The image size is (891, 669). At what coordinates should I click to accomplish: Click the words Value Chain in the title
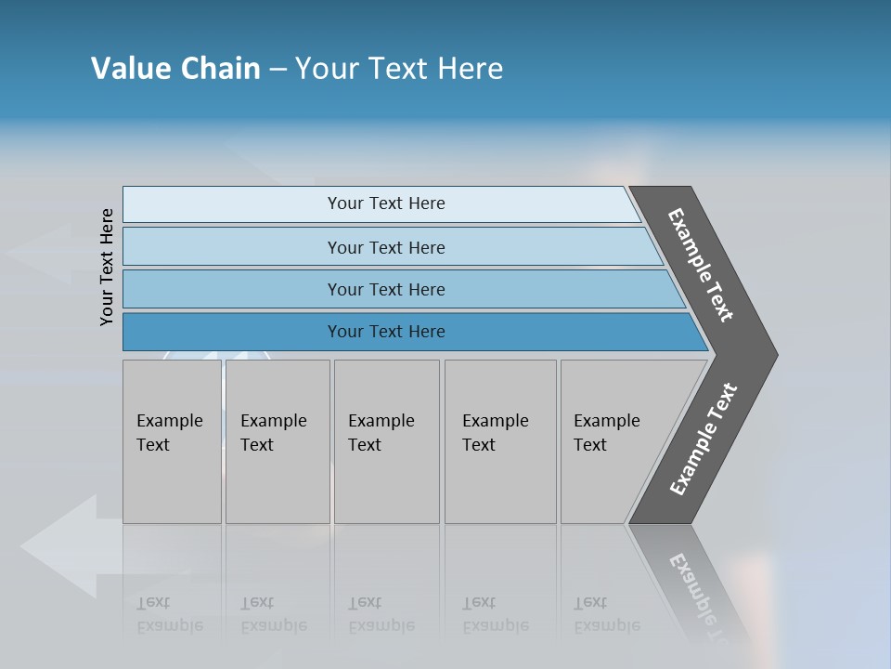(175, 69)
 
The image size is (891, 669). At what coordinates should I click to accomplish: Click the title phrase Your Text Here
(399, 69)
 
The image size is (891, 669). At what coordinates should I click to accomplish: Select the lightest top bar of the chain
(385, 203)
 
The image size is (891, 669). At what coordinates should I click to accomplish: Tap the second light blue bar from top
(385, 247)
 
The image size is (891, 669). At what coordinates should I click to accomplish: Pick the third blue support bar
(385, 289)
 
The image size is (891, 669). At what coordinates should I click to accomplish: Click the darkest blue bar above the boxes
(385, 332)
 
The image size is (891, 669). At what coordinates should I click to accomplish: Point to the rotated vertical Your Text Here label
(107, 267)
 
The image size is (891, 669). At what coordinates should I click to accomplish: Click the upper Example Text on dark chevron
(701, 265)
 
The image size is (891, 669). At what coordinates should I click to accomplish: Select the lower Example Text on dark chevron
(703, 439)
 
